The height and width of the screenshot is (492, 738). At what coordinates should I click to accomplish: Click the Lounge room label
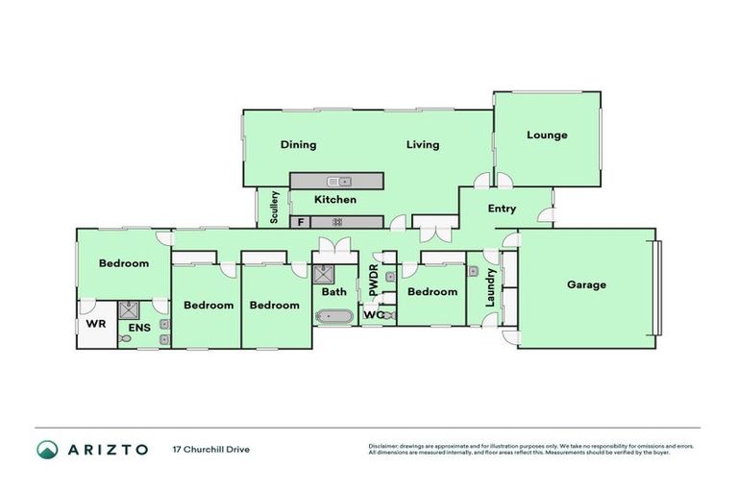click(x=547, y=135)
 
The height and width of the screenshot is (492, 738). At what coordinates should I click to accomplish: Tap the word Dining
click(x=298, y=145)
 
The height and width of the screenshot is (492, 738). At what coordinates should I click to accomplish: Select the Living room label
click(x=422, y=145)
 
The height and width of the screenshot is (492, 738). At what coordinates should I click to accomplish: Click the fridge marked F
click(x=301, y=222)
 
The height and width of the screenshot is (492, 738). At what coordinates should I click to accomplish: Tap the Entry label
click(x=502, y=209)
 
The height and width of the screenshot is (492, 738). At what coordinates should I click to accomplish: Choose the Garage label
click(x=586, y=284)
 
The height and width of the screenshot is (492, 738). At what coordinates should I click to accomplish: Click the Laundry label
click(x=492, y=287)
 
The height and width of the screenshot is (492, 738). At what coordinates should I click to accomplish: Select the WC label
click(x=372, y=314)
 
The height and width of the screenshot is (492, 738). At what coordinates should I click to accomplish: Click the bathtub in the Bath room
click(x=334, y=315)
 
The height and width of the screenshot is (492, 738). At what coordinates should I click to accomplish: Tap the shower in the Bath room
click(x=321, y=274)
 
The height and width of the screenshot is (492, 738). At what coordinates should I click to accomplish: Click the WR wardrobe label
click(x=95, y=323)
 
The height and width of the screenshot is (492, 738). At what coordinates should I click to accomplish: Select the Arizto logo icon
click(x=47, y=449)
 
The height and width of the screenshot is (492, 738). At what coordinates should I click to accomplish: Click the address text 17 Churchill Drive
click(x=210, y=449)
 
